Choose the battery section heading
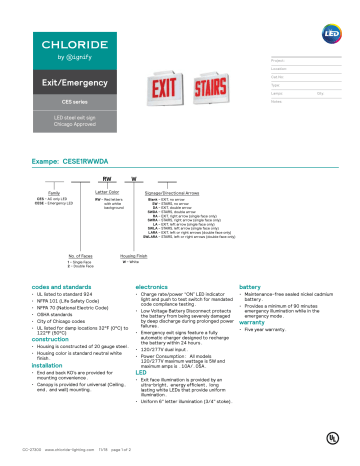click(x=250, y=286)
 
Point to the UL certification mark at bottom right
click(x=319, y=439)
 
